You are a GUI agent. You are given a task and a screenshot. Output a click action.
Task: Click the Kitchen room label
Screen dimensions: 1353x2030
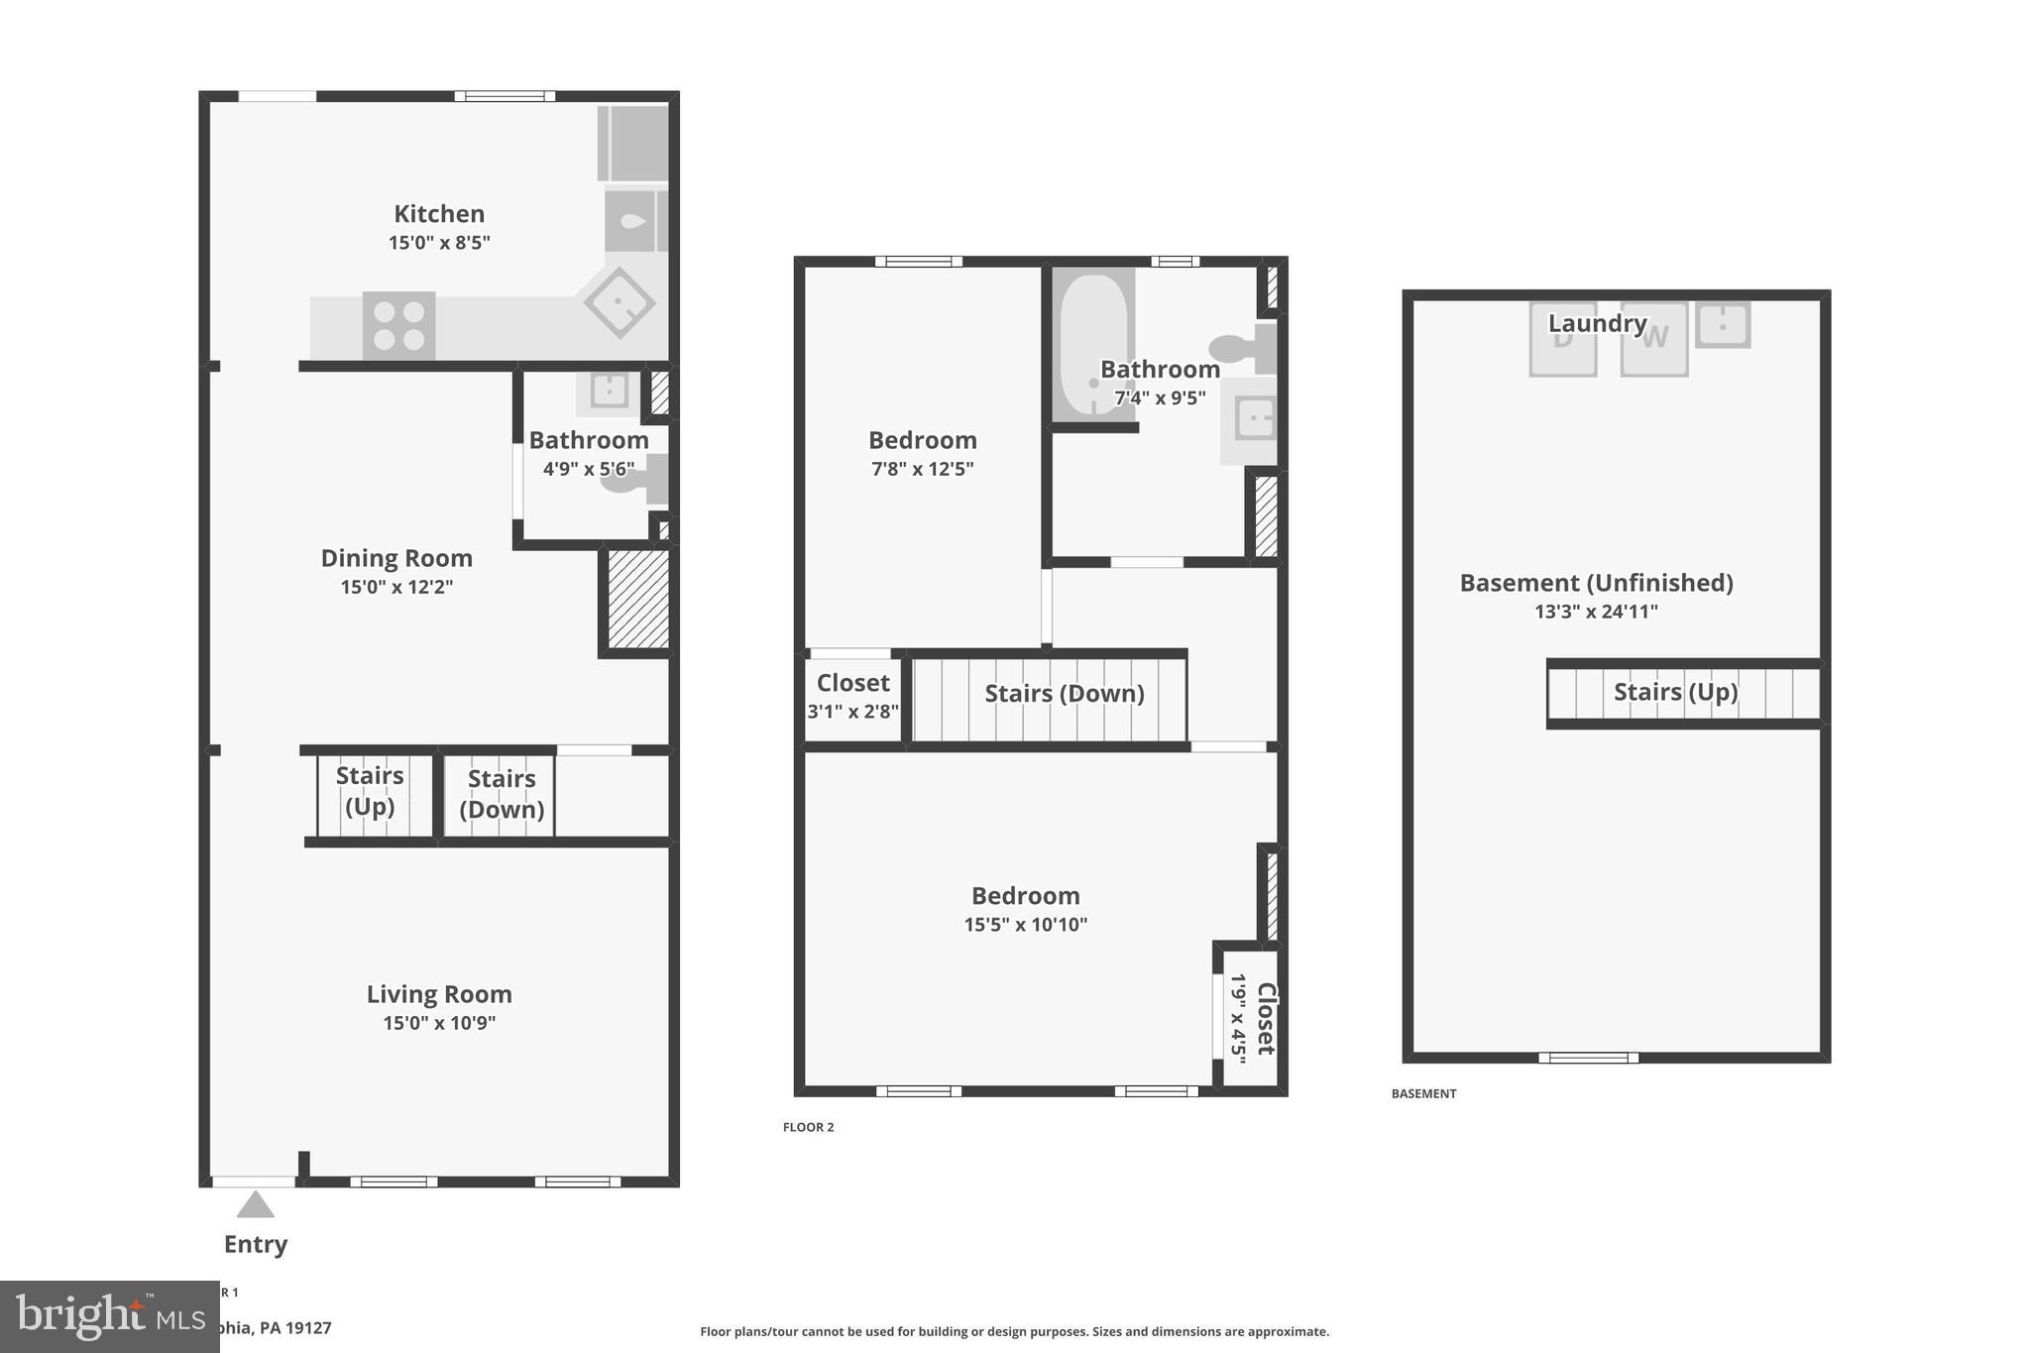(x=439, y=214)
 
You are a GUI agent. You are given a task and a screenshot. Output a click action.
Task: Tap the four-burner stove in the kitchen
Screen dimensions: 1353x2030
(x=398, y=325)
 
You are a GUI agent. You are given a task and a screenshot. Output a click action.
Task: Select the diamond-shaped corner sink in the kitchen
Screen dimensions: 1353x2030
(x=620, y=302)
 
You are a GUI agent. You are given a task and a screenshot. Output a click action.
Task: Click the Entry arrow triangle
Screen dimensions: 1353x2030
(x=256, y=1205)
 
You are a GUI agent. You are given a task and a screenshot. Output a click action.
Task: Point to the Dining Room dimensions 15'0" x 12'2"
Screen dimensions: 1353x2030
(x=396, y=587)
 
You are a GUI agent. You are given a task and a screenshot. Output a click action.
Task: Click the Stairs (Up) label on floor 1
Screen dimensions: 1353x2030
(x=370, y=790)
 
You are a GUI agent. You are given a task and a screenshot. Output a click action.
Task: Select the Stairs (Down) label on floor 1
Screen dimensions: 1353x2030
(x=502, y=793)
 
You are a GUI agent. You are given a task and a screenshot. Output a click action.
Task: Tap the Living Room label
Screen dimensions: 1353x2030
(x=439, y=994)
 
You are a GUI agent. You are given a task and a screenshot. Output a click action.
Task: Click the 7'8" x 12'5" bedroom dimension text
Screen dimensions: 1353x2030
(x=922, y=469)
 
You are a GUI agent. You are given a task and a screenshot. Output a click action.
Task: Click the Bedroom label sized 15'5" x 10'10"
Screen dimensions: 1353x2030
(x=1025, y=896)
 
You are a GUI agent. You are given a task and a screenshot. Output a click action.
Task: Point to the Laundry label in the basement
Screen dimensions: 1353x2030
(x=1597, y=323)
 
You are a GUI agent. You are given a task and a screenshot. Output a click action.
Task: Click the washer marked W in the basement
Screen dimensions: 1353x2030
(x=1654, y=339)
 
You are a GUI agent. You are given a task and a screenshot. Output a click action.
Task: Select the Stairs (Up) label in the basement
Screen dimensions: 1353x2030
(x=1675, y=692)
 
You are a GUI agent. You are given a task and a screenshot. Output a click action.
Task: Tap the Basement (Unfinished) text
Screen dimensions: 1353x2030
(x=1596, y=583)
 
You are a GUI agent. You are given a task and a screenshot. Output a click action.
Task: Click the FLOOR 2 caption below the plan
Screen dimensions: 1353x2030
(x=809, y=1127)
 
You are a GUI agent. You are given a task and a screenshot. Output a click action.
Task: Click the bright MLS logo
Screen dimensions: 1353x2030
(x=99, y=1316)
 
